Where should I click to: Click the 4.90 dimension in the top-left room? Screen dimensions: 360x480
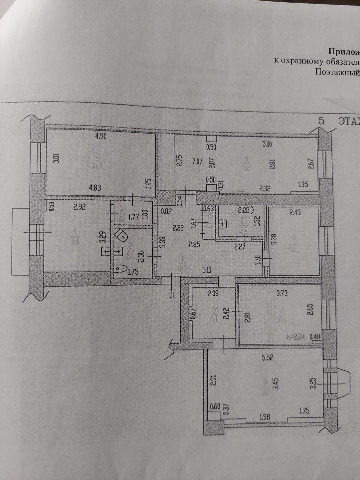tap(101, 136)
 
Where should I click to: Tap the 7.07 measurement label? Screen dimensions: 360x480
tap(197, 162)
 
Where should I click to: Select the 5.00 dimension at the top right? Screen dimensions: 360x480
tap(267, 145)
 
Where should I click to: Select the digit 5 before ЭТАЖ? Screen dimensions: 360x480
tap(321, 121)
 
